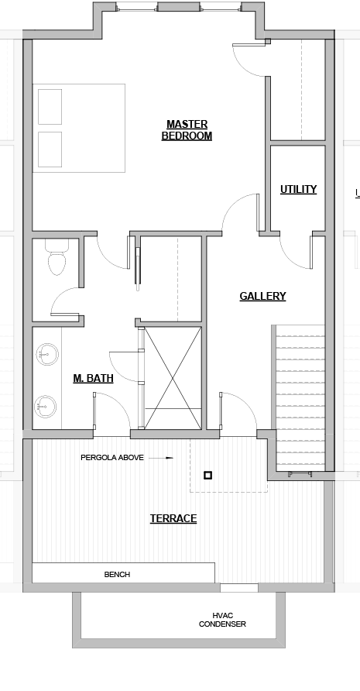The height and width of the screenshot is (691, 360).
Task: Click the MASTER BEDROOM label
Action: pos(187,130)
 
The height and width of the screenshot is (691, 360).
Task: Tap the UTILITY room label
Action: pos(298,190)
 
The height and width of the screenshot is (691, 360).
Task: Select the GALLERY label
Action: pos(262,296)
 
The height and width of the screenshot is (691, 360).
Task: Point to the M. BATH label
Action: pos(93,378)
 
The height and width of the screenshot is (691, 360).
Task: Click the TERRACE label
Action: pos(173,519)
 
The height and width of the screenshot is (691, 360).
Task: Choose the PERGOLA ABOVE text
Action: pos(112,458)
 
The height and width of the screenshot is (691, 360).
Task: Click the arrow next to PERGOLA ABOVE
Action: pos(161,458)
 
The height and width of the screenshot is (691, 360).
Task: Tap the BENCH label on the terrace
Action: pos(117,575)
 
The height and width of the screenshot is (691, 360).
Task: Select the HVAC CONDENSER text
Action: pos(222,620)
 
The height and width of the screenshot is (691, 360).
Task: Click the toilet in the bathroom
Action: pos(56,257)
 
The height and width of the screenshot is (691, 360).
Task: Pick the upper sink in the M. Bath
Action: pos(46,354)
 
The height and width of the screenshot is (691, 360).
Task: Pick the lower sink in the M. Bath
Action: pos(46,407)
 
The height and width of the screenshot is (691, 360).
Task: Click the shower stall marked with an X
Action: pos(173,378)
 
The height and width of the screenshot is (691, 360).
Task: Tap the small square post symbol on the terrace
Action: pos(208,475)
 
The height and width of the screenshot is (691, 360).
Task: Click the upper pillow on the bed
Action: pos(50,107)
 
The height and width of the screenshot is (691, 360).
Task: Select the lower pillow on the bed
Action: pos(50,150)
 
